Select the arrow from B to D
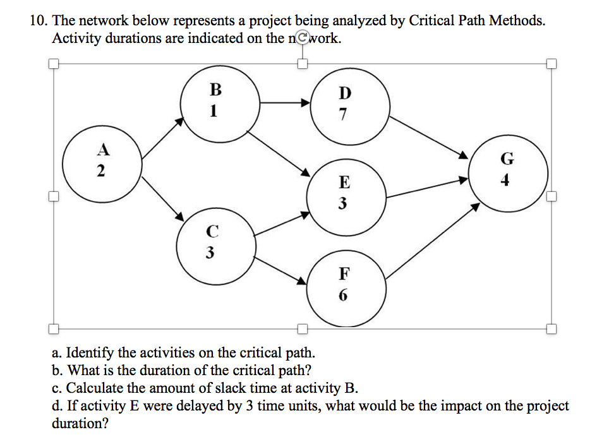point(286,102)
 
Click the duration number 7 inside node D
point(343,116)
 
